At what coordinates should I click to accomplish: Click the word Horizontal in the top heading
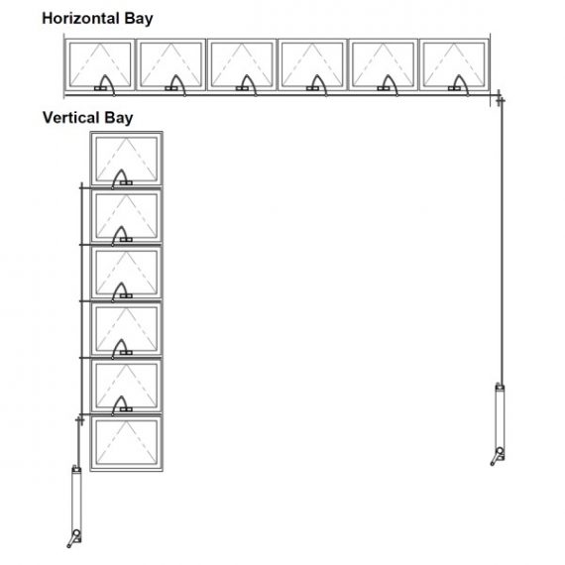click(80, 18)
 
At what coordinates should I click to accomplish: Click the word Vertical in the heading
click(71, 118)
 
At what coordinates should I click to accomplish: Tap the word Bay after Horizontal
click(139, 19)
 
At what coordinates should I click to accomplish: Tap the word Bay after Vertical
click(119, 119)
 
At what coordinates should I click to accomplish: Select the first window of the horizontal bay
click(100, 64)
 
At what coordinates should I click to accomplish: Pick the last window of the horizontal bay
click(454, 64)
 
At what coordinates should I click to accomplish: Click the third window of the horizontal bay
click(242, 64)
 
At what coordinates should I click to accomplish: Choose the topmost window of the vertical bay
click(126, 159)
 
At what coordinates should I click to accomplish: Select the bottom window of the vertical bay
click(126, 443)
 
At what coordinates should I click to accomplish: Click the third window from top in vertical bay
click(126, 273)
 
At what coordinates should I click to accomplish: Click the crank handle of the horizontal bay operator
click(497, 457)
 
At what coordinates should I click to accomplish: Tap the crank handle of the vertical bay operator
click(73, 539)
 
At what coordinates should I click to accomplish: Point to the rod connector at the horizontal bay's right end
click(500, 98)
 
